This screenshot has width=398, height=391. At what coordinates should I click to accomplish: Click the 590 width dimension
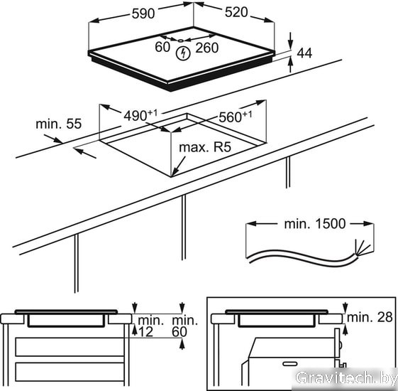pos(143,14)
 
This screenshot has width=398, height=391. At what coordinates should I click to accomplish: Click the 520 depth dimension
pos(236,12)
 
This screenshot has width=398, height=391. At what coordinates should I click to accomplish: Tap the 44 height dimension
pos(304,53)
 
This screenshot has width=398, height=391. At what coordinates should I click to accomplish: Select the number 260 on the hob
pos(207,48)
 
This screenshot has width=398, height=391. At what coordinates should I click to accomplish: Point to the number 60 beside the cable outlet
pos(162,47)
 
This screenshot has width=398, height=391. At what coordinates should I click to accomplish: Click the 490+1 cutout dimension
pos(140,115)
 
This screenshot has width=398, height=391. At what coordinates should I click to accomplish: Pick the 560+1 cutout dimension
pos(236,117)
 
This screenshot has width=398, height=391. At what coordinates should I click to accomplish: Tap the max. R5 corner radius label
pos(205,147)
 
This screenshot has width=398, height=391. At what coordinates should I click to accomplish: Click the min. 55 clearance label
pos(59,124)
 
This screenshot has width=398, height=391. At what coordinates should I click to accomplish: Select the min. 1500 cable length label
pos(315,224)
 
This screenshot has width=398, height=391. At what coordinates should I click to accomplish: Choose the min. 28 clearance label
pos(370,317)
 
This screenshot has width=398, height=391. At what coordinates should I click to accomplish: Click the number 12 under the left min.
pos(146,332)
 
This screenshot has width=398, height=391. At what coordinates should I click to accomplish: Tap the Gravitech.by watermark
pos(346,377)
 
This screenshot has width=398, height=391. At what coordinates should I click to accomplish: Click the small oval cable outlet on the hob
pos(180,41)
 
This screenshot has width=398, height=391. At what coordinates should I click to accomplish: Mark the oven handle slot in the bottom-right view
pos(290,364)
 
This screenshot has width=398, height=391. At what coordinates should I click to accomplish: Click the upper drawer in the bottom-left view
pos(70,347)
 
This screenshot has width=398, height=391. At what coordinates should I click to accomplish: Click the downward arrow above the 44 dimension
pos(291,40)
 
